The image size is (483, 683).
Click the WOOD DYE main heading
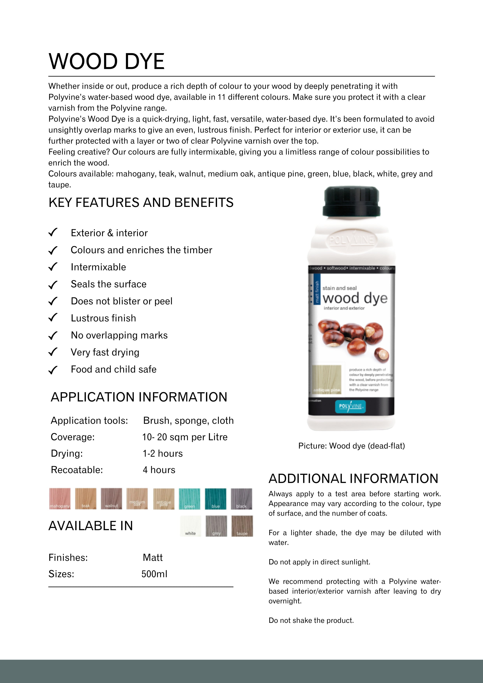(x=106, y=62)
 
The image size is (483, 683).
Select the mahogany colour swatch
(x=60, y=498)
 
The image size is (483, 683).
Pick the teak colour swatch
(x=86, y=498)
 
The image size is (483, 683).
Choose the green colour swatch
(x=190, y=498)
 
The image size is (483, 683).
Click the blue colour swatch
(x=216, y=498)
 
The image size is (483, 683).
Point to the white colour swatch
(x=190, y=526)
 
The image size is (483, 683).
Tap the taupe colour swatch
(x=242, y=526)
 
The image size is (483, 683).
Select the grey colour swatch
(x=216, y=526)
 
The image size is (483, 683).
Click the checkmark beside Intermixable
(x=53, y=267)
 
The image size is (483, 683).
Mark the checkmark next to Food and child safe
(x=53, y=370)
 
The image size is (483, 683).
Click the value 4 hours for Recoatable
(x=159, y=470)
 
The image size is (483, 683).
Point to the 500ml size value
(x=154, y=574)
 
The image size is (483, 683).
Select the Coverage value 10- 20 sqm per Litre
(x=185, y=437)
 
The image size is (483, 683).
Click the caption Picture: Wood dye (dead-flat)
(x=351, y=446)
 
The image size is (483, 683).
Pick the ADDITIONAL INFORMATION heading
(x=353, y=479)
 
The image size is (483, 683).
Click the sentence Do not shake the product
(x=311, y=620)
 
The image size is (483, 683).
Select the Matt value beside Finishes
(x=153, y=557)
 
